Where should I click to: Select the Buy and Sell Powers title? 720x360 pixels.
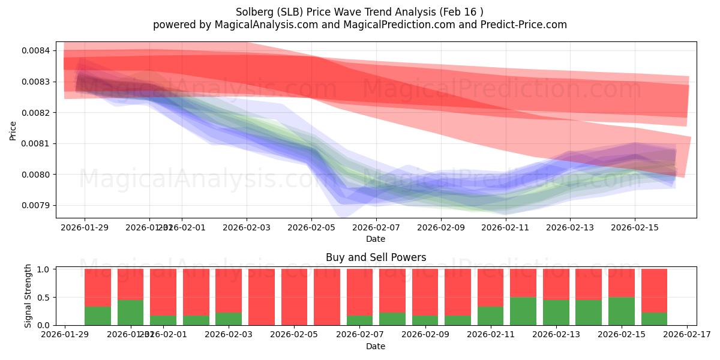(376, 257)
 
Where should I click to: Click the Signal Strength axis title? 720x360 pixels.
(28, 296)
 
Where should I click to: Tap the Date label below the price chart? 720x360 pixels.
(376, 239)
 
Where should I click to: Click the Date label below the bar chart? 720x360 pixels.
(376, 346)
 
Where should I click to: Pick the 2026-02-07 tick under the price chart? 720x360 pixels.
(376, 228)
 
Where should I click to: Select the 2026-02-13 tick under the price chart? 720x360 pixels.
(570, 228)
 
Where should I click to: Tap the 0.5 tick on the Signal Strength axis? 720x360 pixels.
(44, 298)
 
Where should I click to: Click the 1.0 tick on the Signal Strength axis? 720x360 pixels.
(44, 269)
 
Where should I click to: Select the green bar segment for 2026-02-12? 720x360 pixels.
(523, 311)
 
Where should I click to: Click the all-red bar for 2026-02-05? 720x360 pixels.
(294, 297)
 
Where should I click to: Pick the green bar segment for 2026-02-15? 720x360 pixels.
(621, 311)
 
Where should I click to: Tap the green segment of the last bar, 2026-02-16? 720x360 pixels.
(654, 319)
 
